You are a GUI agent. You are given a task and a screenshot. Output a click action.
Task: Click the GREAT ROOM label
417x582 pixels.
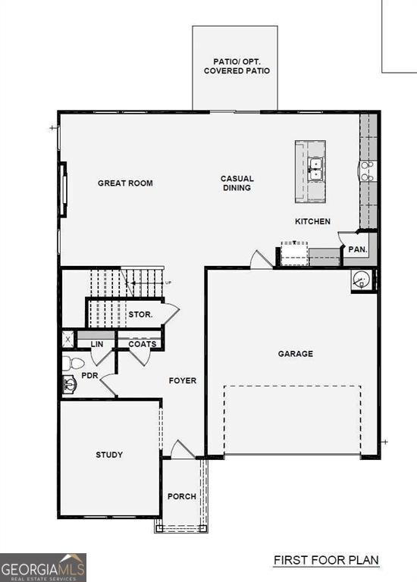(x=125, y=183)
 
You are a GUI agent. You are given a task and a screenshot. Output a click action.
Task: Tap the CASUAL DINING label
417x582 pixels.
(x=237, y=183)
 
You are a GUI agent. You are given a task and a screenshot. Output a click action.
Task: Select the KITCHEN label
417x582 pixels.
(x=312, y=221)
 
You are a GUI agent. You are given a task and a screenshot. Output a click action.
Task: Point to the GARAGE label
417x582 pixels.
(x=295, y=354)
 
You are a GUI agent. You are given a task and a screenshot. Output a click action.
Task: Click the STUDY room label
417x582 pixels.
(x=109, y=455)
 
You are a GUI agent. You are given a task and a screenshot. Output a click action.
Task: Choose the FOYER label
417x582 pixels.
(x=182, y=380)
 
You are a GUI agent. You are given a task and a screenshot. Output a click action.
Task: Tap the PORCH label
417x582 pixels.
(x=181, y=496)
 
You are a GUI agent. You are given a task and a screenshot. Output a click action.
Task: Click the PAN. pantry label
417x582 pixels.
(x=357, y=249)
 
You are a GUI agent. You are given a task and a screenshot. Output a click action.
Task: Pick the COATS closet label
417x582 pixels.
(x=142, y=344)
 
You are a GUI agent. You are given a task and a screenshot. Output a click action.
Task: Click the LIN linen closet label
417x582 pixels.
(x=96, y=344)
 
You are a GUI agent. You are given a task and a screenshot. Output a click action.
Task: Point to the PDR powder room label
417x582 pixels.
(x=89, y=375)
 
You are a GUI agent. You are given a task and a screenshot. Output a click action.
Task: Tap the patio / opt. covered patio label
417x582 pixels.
(x=237, y=66)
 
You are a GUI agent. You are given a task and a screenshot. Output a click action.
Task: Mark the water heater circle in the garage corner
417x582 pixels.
(x=362, y=280)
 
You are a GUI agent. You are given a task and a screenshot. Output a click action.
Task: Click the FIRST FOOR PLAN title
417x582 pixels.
(x=326, y=561)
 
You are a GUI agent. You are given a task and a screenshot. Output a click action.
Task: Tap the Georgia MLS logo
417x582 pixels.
(x=43, y=567)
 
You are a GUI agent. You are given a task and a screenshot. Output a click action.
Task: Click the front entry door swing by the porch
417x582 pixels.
(x=182, y=449)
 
